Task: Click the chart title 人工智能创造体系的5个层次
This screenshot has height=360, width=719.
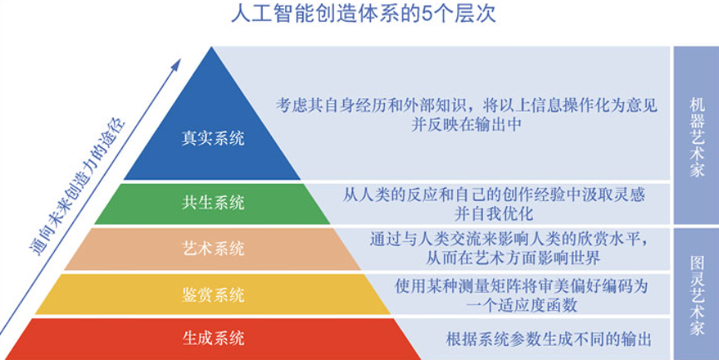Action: click(363, 14)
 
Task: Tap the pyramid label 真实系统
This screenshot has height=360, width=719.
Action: click(213, 139)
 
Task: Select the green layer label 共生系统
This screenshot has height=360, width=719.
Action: click(213, 203)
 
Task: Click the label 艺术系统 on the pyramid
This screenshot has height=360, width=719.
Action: click(213, 249)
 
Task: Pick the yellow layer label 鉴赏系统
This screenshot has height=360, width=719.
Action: click(213, 295)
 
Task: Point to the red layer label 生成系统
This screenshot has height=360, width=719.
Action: click(213, 338)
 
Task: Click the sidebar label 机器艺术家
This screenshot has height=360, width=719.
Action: click(697, 136)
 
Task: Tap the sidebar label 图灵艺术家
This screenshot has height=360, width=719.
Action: click(697, 296)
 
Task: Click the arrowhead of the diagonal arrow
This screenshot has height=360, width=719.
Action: click(176, 63)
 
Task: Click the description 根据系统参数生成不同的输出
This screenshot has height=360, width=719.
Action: click(549, 339)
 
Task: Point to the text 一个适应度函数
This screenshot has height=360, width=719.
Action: click(521, 305)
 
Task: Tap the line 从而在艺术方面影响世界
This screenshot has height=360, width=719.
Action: click(513, 259)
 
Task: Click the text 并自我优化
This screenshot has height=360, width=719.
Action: click(494, 213)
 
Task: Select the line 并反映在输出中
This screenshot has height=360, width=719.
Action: click(466, 125)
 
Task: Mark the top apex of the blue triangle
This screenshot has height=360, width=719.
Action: click(211, 47)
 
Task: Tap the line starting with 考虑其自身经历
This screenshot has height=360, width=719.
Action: click(467, 106)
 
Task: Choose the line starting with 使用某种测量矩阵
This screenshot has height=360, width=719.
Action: click(521, 286)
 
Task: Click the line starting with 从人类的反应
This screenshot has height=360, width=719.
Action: click(494, 195)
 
